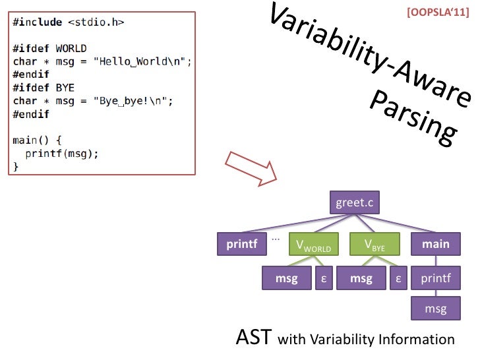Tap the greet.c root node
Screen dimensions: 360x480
[x=355, y=202]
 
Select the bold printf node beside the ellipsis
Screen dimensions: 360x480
[x=241, y=245]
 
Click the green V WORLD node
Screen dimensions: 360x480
[x=313, y=245]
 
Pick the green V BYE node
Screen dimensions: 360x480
[x=375, y=245]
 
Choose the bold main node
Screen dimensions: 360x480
[x=436, y=245]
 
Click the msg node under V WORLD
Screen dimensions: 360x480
[x=287, y=279]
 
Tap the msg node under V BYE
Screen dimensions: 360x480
[x=361, y=279]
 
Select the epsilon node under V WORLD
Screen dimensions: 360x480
[x=324, y=279]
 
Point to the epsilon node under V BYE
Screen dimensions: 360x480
[x=398, y=279]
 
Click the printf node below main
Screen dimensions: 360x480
[x=436, y=279]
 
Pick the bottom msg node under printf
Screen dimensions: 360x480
[x=436, y=308]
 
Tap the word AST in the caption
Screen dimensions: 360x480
[x=253, y=338]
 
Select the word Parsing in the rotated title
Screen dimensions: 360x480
[x=412, y=122]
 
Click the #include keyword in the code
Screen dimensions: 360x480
[x=37, y=22]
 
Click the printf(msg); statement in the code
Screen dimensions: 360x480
[x=62, y=153]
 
